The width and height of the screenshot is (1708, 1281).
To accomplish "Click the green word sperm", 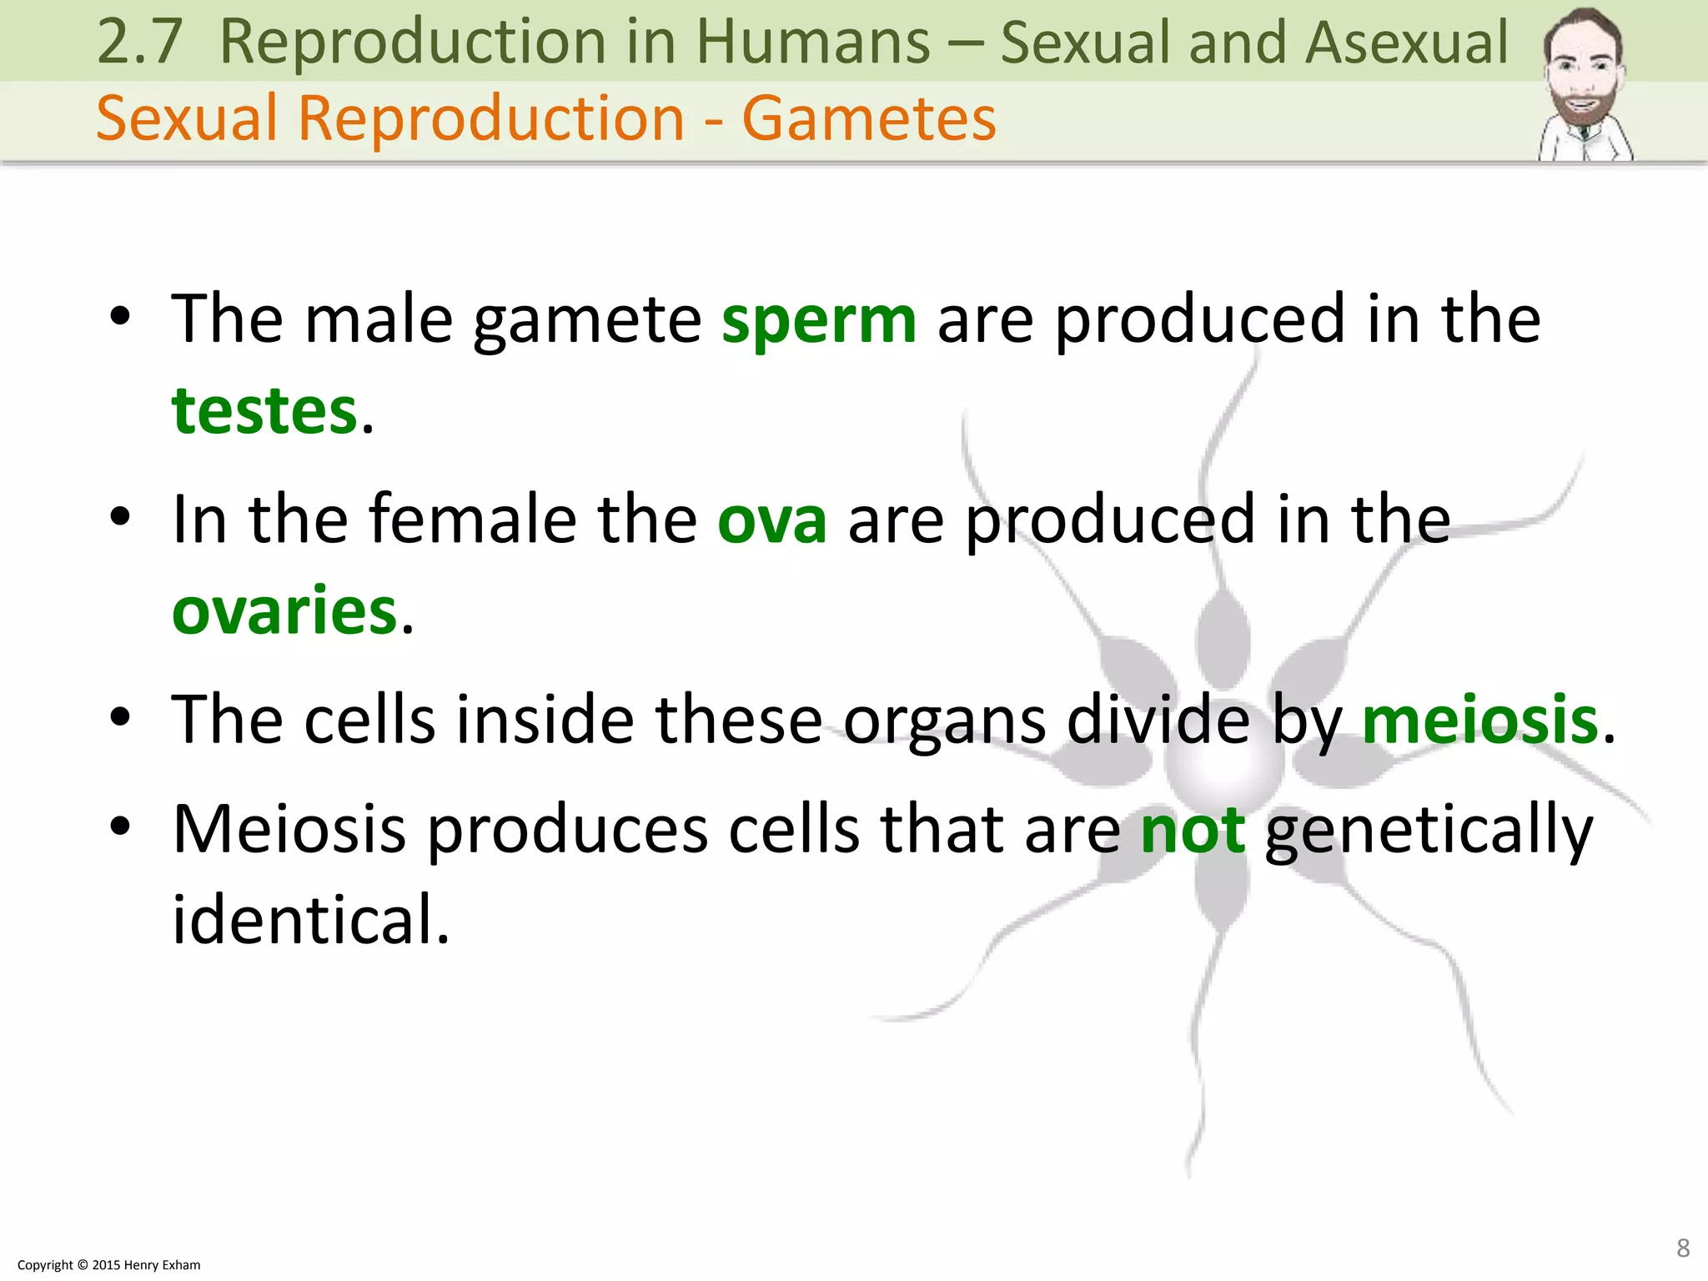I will [818, 320].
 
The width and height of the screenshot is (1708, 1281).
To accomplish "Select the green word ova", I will [772, 520].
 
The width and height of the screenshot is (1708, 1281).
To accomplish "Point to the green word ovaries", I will [284, 611].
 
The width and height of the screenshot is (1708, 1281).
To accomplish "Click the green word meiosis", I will [1479, 720].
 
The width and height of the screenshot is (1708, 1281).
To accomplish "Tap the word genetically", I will [1429, 831].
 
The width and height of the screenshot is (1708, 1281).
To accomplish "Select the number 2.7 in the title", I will [139, 42].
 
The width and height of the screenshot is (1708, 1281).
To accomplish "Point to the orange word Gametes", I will [869, 118].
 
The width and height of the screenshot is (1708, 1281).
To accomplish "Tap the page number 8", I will [1683, 1248].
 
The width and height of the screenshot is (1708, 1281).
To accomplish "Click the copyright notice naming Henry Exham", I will [109, 1265].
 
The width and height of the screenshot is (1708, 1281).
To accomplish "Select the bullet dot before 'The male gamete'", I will [121, 317].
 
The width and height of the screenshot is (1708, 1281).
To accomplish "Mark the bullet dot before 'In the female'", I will [121, 517].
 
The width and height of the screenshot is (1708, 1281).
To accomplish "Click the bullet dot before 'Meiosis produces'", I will [121, 826].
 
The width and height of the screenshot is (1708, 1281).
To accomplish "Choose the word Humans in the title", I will [813, 42].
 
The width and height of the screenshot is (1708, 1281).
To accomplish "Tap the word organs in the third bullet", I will [944, 720].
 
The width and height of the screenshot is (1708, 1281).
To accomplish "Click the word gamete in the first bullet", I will [587, 322].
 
